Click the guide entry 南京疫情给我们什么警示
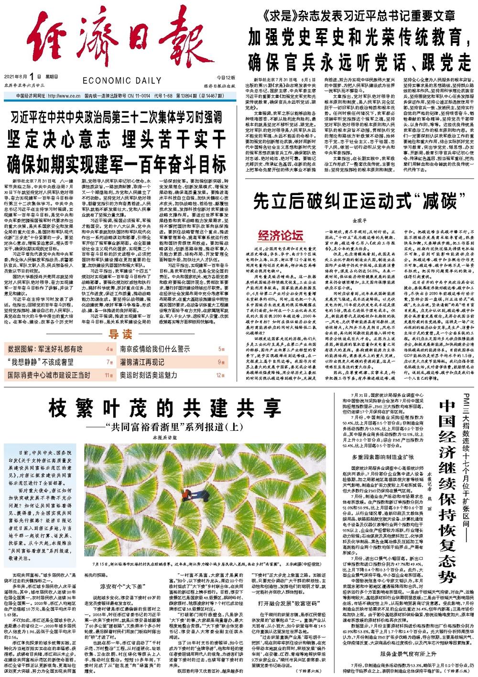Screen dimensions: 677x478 point(155,349)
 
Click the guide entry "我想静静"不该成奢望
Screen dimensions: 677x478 point(40,362)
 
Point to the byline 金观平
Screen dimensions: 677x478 point(358,221)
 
